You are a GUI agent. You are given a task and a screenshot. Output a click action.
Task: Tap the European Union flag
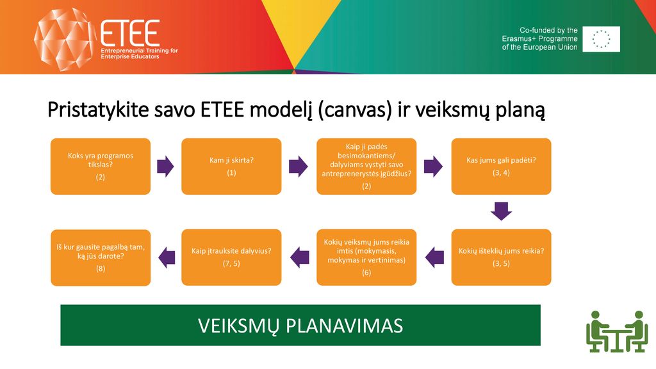(x=601, y=39)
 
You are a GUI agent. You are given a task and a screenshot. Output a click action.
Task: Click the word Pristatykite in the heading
(x=98, y=110)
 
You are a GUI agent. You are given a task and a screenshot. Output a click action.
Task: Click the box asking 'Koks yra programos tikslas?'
(x=101, y=167)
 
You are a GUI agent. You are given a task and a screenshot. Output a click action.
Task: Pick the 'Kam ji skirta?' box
(x=231, y=167)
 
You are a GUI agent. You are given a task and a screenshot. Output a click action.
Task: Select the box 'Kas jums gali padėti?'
(x=501, y=167)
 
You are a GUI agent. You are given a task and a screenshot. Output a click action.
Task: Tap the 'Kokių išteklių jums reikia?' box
(x=501, y=258)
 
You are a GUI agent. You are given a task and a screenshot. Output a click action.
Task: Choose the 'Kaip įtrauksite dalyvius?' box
(x=231, y=258)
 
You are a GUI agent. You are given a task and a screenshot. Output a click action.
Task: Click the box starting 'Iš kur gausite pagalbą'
(x=101, y=258)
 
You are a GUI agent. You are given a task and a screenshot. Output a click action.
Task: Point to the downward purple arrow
(x=501, y=211)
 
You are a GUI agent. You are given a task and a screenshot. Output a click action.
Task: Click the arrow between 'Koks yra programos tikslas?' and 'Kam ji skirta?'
(x=165, y=167)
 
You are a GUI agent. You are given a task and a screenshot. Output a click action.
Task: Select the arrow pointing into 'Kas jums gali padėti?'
(x=433, y=167)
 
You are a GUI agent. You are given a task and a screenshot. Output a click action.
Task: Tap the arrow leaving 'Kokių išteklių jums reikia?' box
(x=435, y=258)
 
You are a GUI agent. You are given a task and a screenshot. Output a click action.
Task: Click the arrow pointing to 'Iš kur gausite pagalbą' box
(x=167, y=258)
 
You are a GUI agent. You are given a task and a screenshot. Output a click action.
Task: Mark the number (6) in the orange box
(x=366, y=272)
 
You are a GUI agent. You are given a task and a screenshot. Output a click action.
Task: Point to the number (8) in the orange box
(x=101, y=268)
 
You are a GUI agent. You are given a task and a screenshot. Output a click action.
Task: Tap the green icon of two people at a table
(x=617, y=331)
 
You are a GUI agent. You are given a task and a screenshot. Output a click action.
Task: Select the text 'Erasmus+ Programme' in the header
(x=539, y=39)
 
